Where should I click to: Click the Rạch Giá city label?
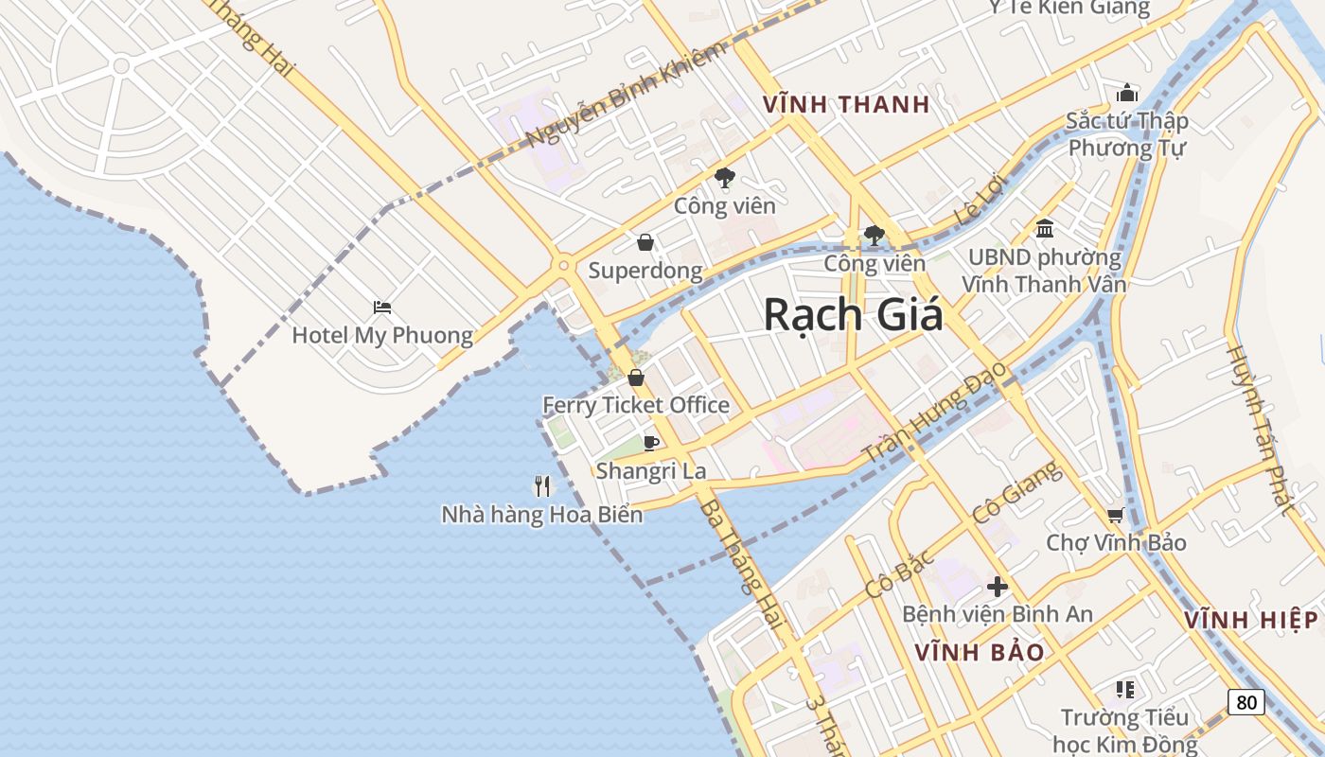coord(853,314)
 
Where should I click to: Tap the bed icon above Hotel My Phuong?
coord(382,308)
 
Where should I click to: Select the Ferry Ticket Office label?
coord(635,405)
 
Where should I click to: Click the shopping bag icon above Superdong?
coord(645,243)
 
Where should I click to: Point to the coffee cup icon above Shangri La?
coord(650,442)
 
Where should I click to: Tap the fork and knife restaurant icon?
coord(542,486)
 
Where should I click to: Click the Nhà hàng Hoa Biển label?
coord(541,515)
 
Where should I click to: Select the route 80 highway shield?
coord(1246,702)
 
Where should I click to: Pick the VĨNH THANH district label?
coord(846,104)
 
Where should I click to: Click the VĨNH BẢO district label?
coord(980,652)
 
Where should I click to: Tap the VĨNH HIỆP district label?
coord(1250,620)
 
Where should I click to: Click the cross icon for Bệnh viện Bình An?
coord(997,586)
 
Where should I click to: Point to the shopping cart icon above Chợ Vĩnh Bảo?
coord(1115,515)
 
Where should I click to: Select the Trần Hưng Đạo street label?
coord(936,417)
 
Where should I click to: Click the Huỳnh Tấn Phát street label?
coord(1260,429)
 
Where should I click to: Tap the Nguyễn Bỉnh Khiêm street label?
coord(626,95)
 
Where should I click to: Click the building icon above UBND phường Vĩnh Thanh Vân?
coord(1045,228)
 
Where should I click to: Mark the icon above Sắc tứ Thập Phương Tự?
coord(1126,93)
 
